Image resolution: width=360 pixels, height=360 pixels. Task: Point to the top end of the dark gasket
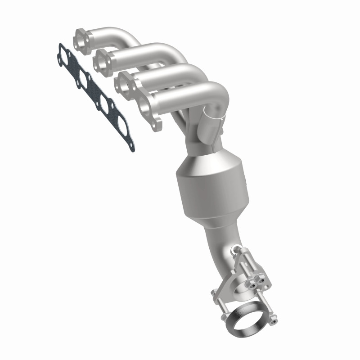pyautogui.click(x=60, y=45)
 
